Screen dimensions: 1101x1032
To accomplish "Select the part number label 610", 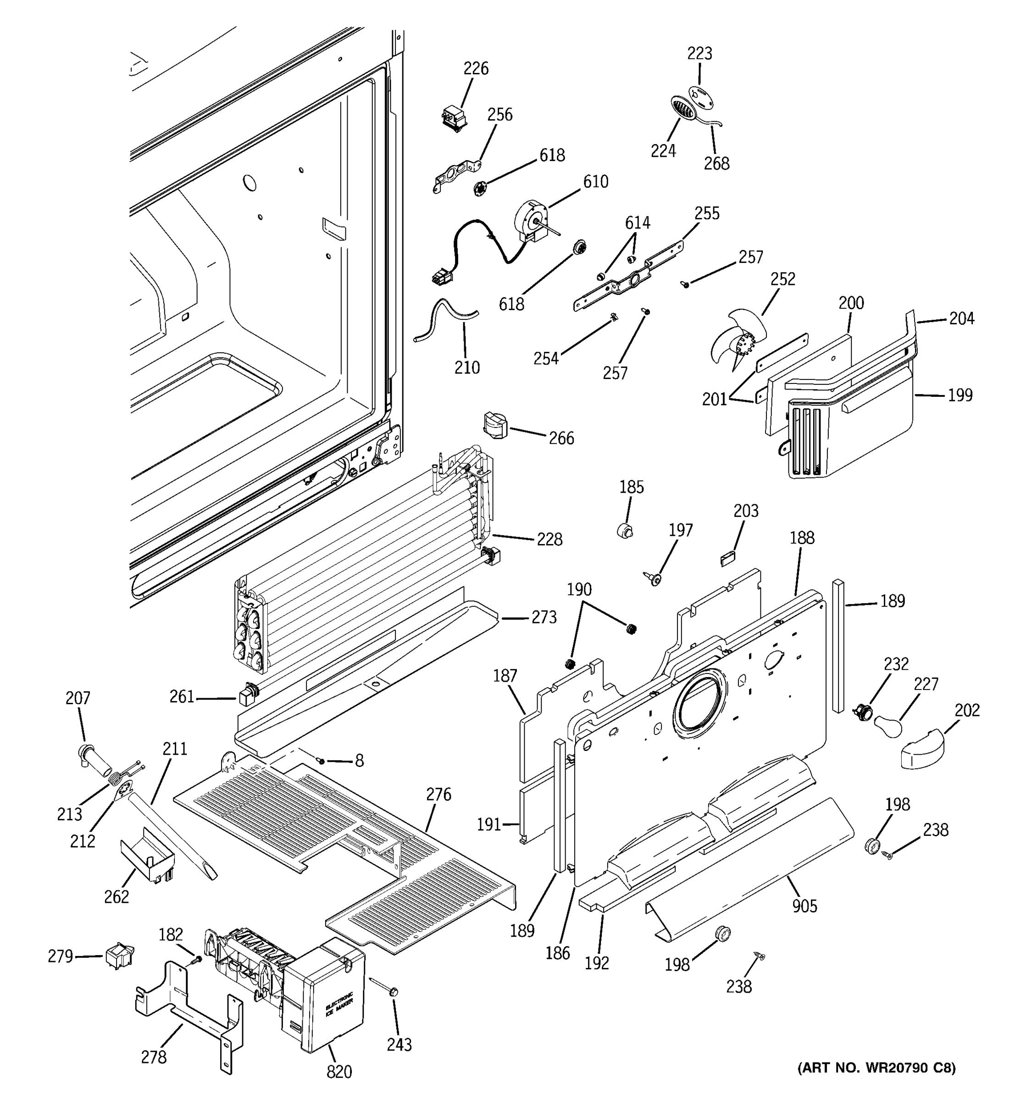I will point(595,181).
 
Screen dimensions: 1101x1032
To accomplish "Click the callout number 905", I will point(804,906).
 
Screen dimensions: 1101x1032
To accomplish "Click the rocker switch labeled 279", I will point(119,956).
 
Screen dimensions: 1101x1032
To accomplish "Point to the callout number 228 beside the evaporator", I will point(549,539).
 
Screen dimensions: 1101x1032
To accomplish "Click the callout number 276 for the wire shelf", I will point(438,794).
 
